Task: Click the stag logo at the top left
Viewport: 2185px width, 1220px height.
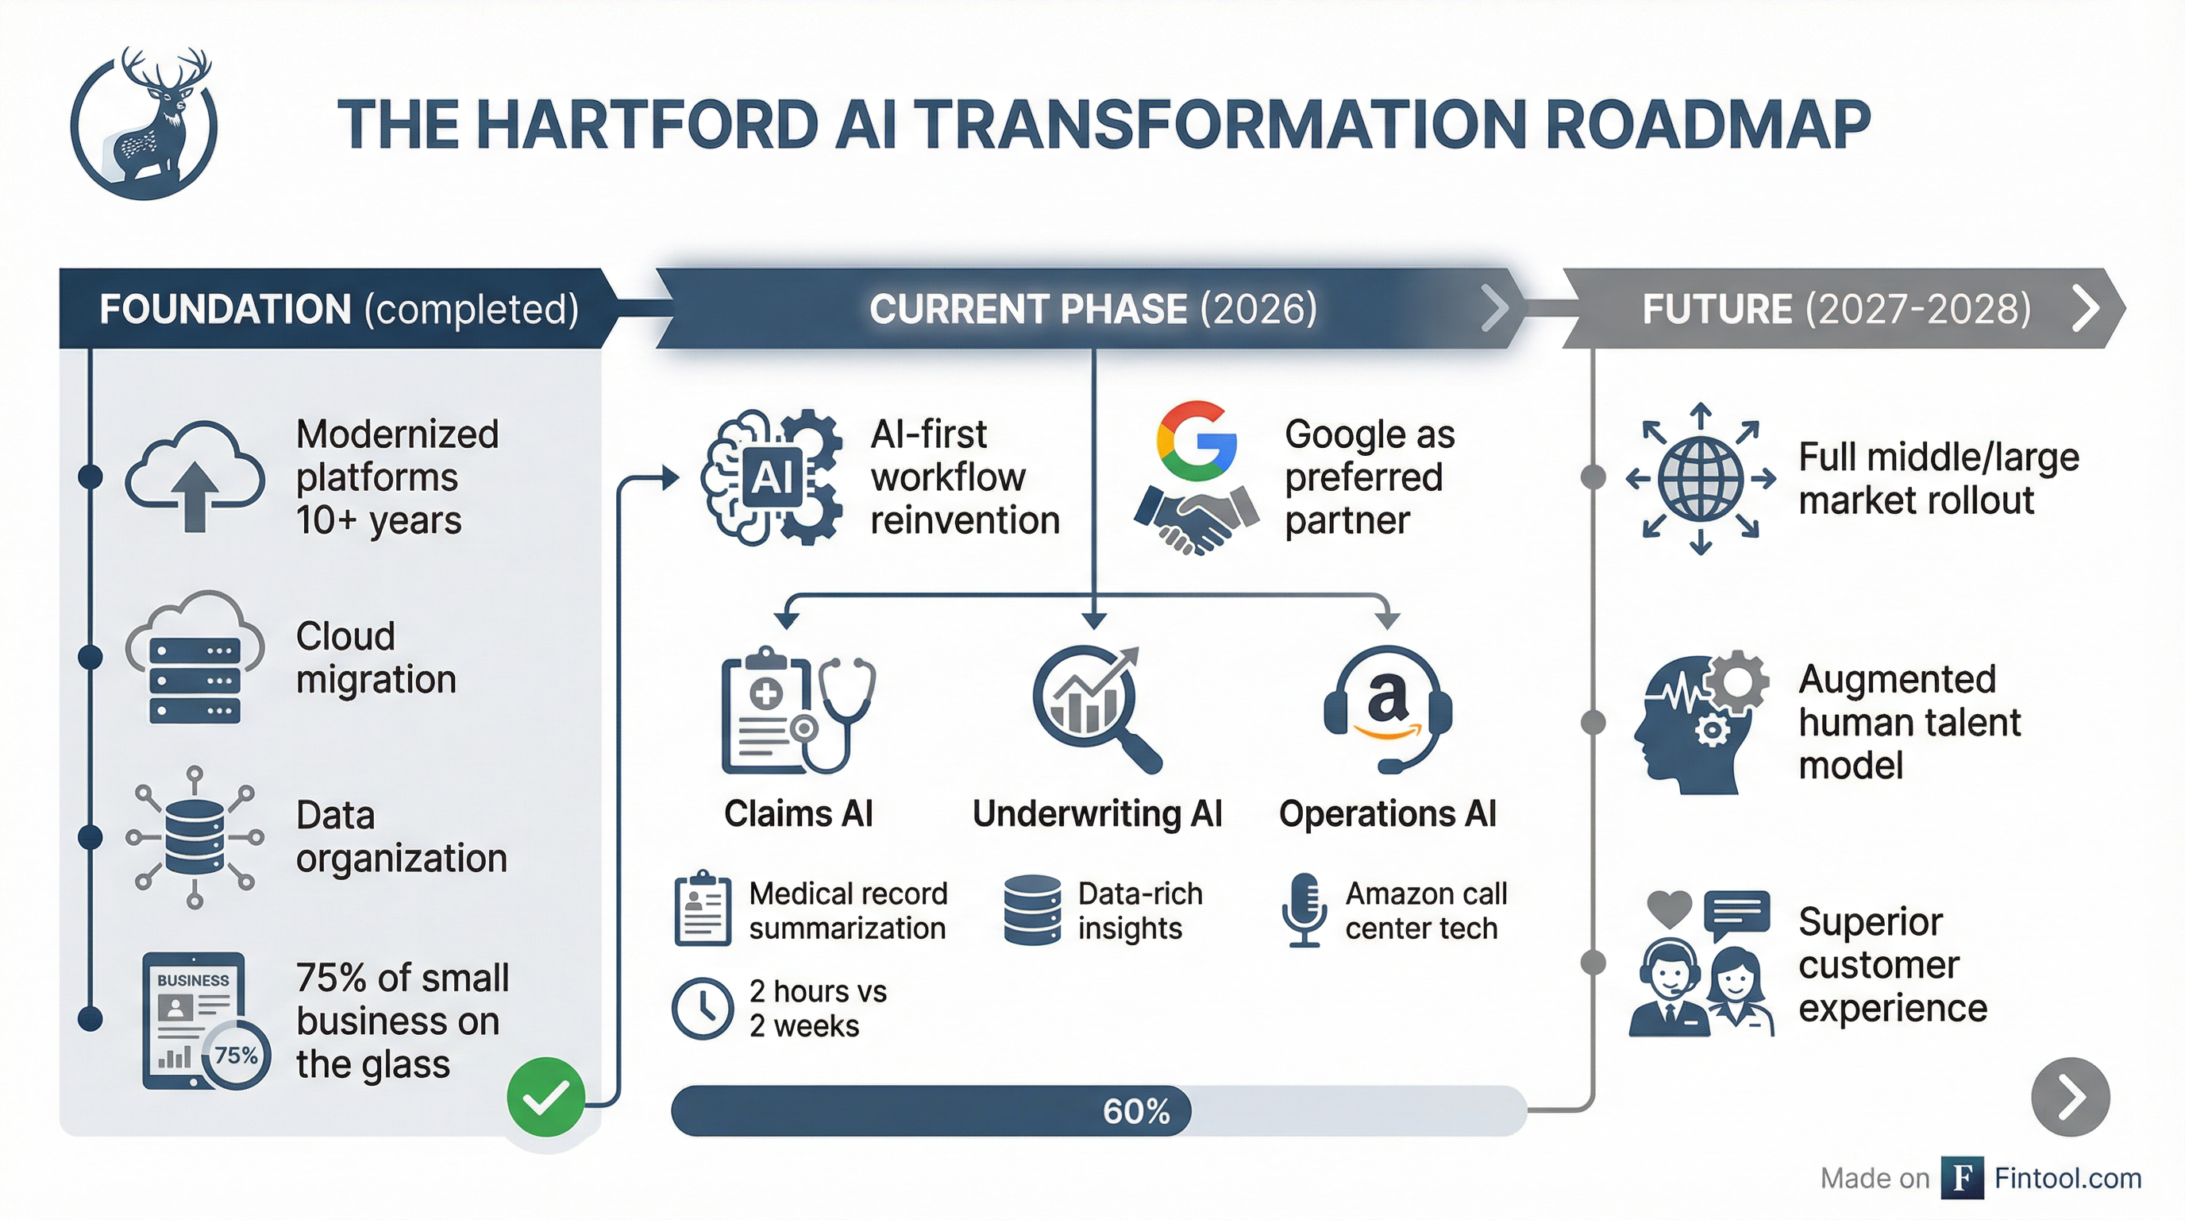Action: coord(145,123)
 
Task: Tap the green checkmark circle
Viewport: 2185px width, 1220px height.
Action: coord(545,1097)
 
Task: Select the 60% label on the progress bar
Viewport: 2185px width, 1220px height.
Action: coord(1135,1110)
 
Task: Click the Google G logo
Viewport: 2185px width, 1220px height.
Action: coord(1196,440)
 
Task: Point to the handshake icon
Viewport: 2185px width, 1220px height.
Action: coord(1196,519)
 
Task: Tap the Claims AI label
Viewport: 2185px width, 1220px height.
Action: coord(798,813)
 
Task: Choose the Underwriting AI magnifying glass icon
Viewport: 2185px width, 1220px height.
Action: coord(1094,708)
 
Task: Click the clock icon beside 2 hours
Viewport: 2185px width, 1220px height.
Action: coord(703,1008)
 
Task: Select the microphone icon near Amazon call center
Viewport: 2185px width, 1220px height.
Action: coord(1304,910)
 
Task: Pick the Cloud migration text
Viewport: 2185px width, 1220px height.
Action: coord(376,658)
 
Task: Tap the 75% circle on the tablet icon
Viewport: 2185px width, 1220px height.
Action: coord(237,1056)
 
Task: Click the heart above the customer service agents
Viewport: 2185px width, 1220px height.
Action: coord(1668,909)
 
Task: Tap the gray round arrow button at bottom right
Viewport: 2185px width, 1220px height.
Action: coord(2070,1096)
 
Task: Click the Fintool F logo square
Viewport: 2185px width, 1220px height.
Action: coord(1962,1178)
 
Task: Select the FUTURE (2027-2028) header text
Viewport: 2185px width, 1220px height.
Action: coord(1836,309)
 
